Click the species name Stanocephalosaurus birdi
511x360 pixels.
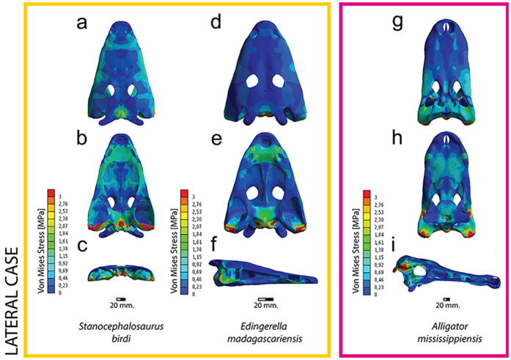click(x=131, y=331)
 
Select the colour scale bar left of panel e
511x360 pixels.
click(x=185, y=242)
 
